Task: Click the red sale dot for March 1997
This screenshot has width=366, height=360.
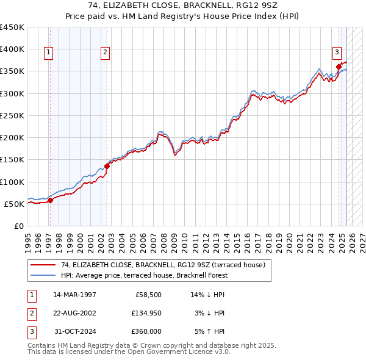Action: point(51,200)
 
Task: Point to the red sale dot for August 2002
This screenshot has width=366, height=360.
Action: point(107,165)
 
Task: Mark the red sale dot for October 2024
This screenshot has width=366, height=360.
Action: point(339,67)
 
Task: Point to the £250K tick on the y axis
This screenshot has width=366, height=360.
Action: point(12,115)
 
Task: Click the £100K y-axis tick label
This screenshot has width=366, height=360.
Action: point(12,182)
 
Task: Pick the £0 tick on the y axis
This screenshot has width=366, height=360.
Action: point(18,226)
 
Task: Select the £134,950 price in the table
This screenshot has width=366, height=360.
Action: point(146,313)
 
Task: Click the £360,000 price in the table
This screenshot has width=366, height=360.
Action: point(146,331)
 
